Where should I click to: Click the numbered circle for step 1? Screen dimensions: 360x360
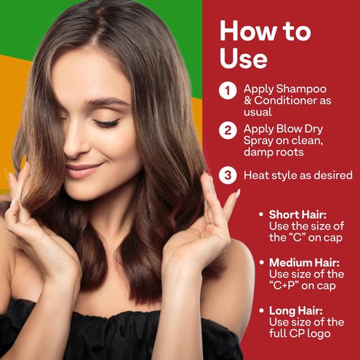(228, 91)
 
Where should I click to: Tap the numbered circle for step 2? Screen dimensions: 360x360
(228, 130)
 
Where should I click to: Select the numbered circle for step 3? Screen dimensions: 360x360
(228, 175)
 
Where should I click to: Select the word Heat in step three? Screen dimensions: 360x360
(255, 175)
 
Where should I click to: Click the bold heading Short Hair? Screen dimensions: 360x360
(298, 215)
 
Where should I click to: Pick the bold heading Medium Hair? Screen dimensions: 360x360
(305, 263)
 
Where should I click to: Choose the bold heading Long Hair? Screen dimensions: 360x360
(296, 311)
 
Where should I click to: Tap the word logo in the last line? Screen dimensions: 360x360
(319, 334)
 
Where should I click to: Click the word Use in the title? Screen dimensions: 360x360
(243, 58)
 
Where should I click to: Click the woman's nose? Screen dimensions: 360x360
(74, 144)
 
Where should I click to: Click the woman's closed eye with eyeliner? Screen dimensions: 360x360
(107, 123)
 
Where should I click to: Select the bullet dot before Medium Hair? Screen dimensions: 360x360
(261, 262)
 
